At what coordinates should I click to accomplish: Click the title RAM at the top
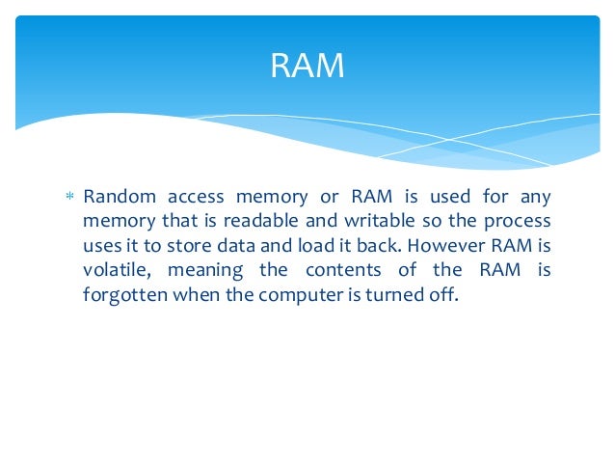[x=307, y=67]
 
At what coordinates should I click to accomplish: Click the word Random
[x=117, y=198]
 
